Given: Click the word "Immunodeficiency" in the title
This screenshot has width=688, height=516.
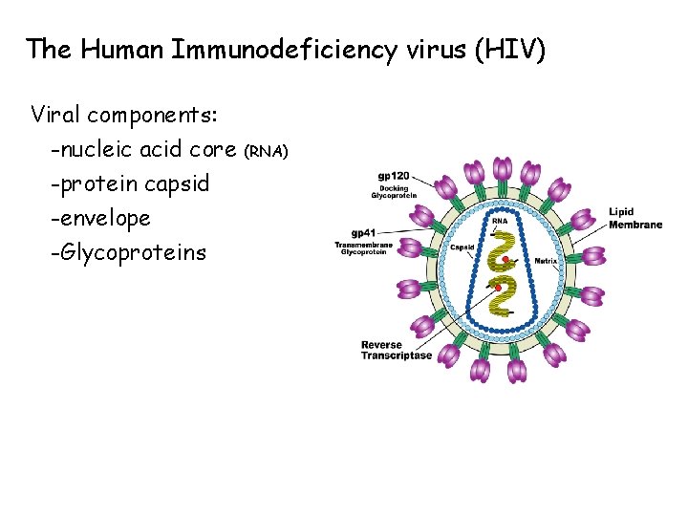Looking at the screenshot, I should pyautogui.click(x=284, y=49).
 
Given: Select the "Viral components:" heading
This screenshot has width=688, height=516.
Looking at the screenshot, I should pyautogui.click(x=125, y=116).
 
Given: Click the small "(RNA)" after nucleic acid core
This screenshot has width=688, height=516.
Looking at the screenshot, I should pyautogui.click(x=267, y=151).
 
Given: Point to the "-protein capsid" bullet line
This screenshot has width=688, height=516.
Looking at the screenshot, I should pyautogui.click(x=130, y=183).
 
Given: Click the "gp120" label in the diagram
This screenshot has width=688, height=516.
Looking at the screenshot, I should pyautogui.click(x=393, y=176).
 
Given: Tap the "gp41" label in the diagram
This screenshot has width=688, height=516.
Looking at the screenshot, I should pyautogui.click(x=364, y=233).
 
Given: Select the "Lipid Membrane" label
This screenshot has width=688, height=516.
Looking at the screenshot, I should pyautogui.click(x=634, y=218).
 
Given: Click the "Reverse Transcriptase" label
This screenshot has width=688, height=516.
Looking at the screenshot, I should pyautogui.click(x=396, y=350).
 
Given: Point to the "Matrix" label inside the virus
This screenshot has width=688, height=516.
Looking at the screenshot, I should pyautogui.click(x=546, y=260).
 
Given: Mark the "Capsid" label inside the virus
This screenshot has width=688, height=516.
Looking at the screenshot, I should pyautogui.click(x=462, y=247).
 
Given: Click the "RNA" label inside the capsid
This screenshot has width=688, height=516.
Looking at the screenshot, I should pyautogui.click(x=500, y=221).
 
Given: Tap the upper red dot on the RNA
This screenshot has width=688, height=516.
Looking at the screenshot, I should pyautogui.click(x=504, y=259).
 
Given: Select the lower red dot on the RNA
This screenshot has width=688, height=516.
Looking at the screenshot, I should pyautogui.click(x=497, y=288).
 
